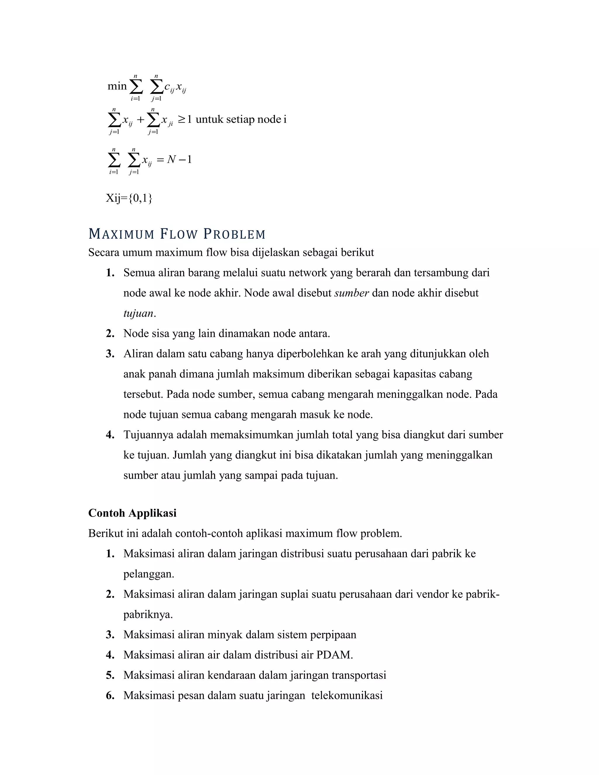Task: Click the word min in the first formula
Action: pyautogui.click(x=117, y=86)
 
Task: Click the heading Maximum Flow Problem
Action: pyautogui.click(x=177, y=234)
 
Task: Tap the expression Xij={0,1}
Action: pyautogui.click(x=129, y=198)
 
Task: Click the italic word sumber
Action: pyautogui.click(x=351, y=293)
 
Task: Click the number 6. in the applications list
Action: pyautogui.click(x=110, y=695)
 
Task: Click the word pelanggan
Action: pyautogui.click(x=148, y=574)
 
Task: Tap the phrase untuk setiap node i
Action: pyautogui.click(x=241, y=119)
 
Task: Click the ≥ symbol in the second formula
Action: pyautogui.click(x=181, y=120)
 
